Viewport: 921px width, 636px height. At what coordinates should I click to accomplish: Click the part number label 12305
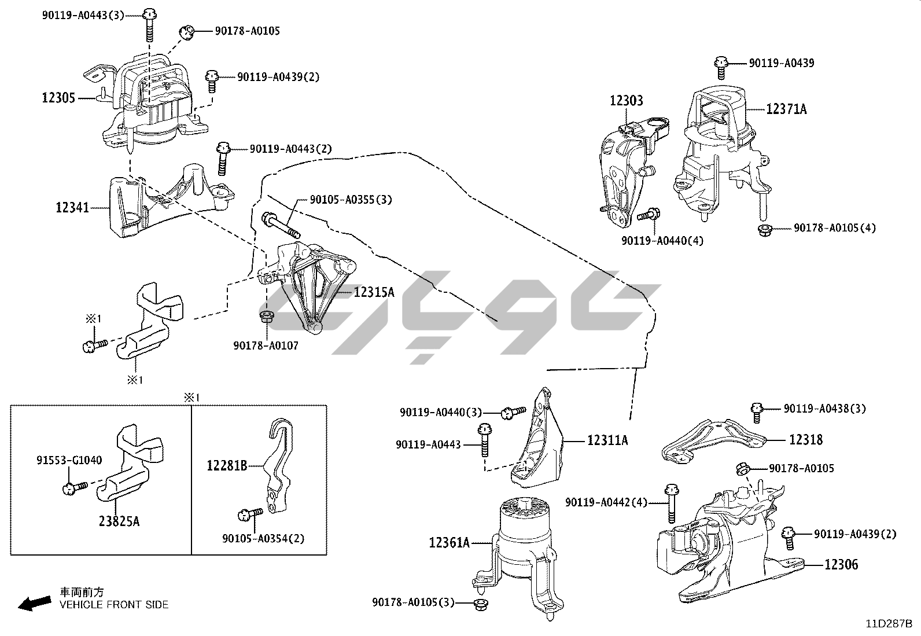point(58,98)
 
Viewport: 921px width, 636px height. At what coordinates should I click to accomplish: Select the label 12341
point(72,207)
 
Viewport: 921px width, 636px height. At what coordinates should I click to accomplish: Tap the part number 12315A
point(374,292)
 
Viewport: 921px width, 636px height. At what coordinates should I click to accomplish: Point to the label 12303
point(626,101)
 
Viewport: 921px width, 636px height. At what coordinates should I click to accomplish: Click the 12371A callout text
point(786,108)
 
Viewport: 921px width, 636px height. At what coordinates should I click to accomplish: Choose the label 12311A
point(607,440)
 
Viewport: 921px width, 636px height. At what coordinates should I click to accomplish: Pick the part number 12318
point(806,439)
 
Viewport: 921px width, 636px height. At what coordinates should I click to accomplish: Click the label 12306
point(841,564)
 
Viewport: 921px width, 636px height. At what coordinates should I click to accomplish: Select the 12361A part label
point(450,542)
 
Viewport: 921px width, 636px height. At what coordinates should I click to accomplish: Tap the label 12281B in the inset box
point(227,465)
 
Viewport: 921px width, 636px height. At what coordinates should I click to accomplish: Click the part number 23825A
point(119,521)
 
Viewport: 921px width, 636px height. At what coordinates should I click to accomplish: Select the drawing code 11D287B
point(889,624)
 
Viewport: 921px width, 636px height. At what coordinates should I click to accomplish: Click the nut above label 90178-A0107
point(267,317)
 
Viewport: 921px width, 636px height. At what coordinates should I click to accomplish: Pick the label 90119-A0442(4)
point(606,502)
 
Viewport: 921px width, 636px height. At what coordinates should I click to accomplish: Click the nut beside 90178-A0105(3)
point(480,605)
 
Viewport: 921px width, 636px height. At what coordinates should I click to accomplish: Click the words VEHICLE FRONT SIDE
point(114,605)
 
